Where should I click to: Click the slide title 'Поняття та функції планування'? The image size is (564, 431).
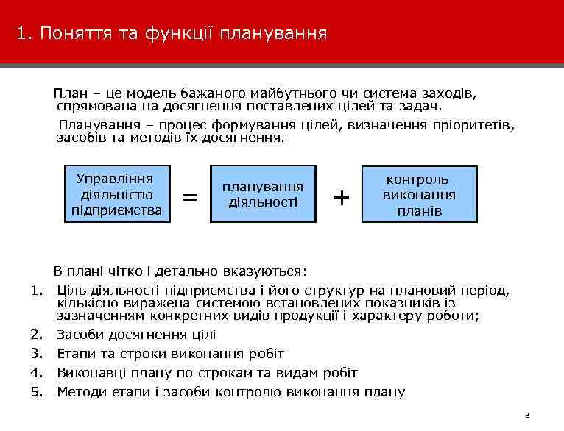pos(184,34)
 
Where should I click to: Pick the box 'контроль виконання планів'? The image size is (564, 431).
pos(419,195)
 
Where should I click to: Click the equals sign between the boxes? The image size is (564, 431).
pos(189,197)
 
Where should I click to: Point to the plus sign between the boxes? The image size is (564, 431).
pos(341,197)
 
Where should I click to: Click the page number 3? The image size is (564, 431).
pos(527,416)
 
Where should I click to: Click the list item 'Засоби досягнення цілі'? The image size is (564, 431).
pos(136,335)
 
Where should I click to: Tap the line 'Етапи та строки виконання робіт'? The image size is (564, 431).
pos(170,354)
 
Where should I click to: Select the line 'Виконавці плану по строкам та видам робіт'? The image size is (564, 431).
pos(207,372)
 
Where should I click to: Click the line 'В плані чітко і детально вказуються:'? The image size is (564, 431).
pos(179,270)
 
